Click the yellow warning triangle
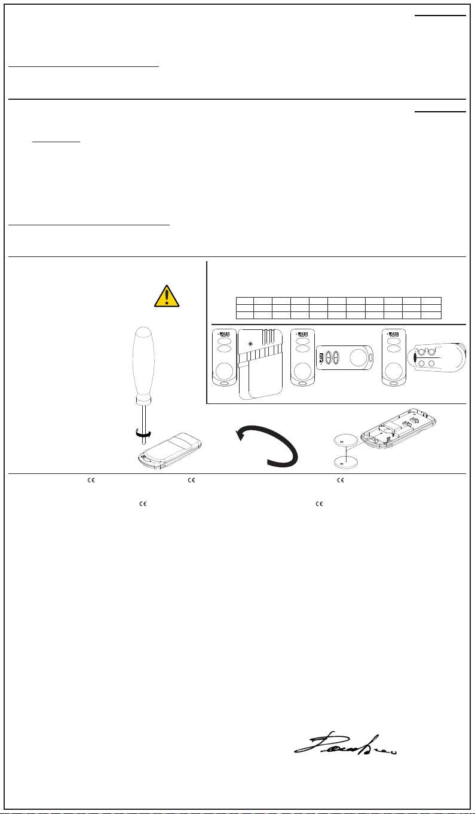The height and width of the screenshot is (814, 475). click(167, 296)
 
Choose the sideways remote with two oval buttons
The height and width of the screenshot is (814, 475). click(345, 360)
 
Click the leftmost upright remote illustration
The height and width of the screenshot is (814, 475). click(224, 359)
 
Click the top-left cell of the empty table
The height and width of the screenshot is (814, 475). click(245, 300)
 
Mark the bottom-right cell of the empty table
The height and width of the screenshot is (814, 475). click(431, 314)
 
